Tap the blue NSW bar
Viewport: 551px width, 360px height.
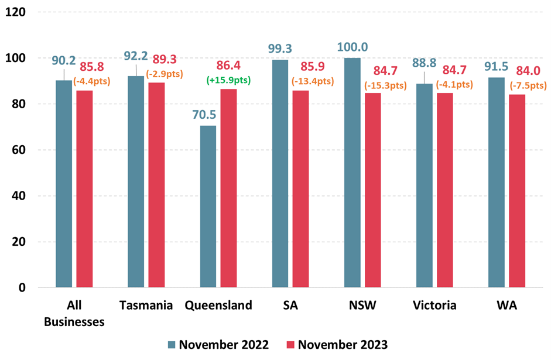352,173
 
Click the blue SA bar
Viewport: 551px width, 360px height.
280,173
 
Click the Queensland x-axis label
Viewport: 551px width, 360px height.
218,305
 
